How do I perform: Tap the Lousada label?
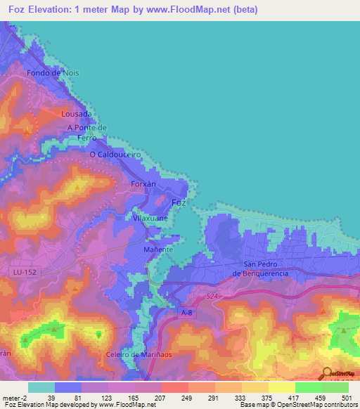click(x=77, y=113)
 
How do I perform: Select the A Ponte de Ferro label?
click(x=86, y=132)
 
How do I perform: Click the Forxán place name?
click(x=143, y=184)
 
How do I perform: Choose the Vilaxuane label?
click(x=148, y=219)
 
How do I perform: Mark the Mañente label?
click(x=157, y=249)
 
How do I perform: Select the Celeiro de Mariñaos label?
click(x=139, y=355)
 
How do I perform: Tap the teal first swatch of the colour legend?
click(x=41, y=387)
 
